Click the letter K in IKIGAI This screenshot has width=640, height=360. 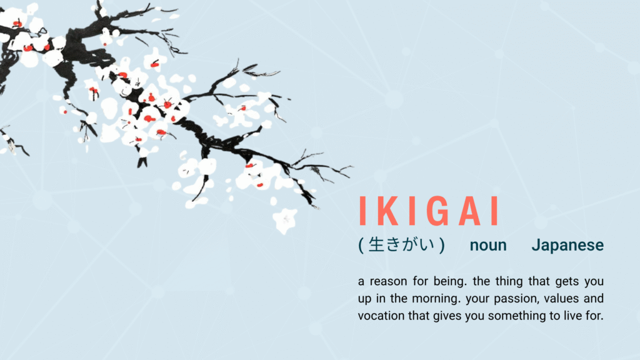389,211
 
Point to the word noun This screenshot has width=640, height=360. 488,246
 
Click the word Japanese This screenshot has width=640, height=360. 567,246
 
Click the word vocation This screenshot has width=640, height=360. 382,316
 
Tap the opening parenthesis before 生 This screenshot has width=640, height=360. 361,245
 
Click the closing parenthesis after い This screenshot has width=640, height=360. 442,245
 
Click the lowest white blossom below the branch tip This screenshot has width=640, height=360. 285,219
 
